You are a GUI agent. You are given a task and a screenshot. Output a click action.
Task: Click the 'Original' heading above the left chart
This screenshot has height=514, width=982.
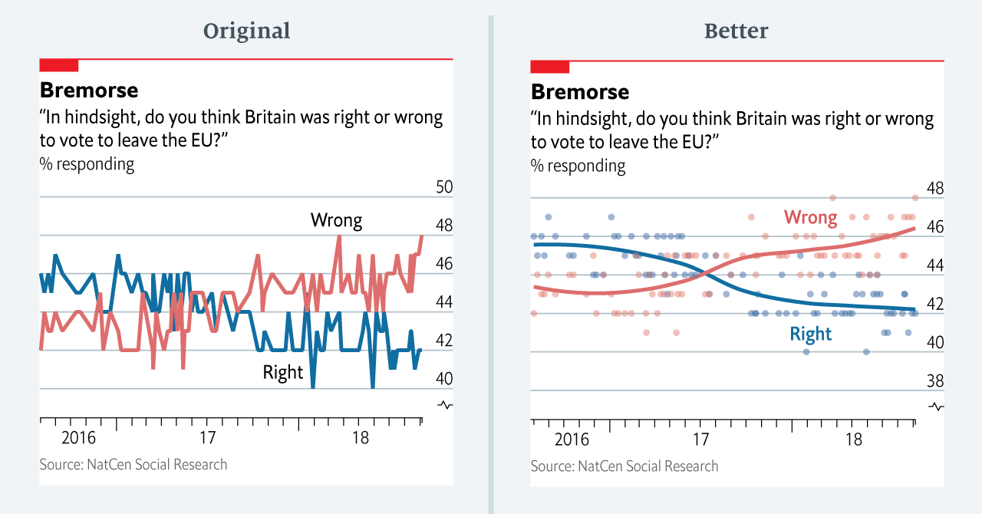246,31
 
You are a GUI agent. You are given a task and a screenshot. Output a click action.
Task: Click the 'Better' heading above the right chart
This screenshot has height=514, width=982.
736,31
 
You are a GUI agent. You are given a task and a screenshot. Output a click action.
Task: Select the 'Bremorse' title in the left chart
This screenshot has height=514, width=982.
89,91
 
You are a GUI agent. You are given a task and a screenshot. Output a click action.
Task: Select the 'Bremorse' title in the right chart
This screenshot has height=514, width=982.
580,92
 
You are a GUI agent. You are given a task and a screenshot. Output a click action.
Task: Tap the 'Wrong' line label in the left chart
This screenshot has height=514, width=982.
336,221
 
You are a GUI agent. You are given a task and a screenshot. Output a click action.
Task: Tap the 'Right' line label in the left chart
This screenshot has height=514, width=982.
283,373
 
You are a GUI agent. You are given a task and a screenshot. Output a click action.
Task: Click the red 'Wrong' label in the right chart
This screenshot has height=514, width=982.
810,218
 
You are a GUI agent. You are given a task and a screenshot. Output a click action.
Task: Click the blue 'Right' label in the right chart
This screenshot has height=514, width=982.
810,334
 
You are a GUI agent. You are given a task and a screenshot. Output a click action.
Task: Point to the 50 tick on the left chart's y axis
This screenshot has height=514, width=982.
443,187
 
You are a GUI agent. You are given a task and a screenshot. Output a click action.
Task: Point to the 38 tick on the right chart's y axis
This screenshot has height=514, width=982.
934,381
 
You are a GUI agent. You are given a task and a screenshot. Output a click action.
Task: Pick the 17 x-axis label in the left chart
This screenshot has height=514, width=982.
207,439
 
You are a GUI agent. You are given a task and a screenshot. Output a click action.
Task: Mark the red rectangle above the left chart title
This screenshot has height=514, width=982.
59,65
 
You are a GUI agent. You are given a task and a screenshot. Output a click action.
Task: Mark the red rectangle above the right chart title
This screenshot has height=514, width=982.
550,67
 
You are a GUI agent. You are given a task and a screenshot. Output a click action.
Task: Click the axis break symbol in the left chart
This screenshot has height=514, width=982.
444,404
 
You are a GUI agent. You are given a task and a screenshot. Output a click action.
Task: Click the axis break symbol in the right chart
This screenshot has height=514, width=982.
935,406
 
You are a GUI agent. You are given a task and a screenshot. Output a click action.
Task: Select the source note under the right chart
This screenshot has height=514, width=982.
624,466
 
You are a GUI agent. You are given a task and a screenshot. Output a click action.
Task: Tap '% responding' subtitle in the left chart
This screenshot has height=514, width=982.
87,164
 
